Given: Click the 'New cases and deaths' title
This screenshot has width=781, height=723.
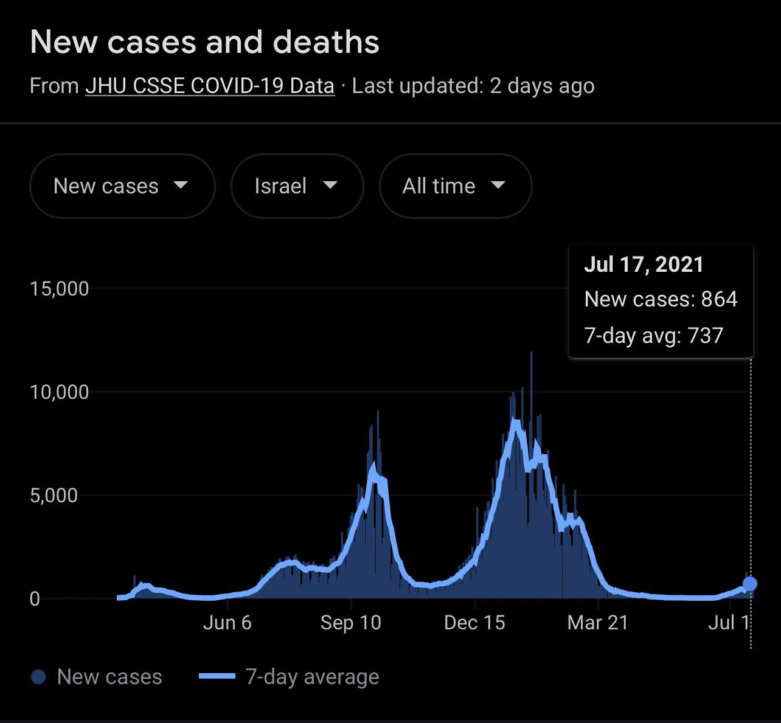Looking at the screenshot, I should pos(204,43).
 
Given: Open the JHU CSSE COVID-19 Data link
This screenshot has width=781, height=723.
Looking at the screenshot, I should pos(210,86).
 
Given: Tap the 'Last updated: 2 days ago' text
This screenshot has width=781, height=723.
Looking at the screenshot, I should pos(473,86).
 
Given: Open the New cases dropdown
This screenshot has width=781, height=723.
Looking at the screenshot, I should pos(122,186).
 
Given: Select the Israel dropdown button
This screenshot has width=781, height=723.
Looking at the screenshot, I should pos(297,186).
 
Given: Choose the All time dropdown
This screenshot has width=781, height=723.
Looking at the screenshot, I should pos(455,186).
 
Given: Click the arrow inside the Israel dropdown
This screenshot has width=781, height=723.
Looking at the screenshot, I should pos(330,185).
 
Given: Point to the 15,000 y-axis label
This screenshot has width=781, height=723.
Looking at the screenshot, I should pos(59,289).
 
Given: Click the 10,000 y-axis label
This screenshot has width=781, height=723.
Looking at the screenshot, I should pos(59,392).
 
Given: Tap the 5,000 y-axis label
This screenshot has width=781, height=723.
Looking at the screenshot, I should pos(54,496).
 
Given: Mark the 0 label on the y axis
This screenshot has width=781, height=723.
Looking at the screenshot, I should pos(35,599).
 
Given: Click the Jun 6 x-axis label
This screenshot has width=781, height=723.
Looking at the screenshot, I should pos(227,623).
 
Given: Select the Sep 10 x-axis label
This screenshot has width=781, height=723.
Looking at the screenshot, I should pos(350,623).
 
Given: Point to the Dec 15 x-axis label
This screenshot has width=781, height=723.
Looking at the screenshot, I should pos(474,623).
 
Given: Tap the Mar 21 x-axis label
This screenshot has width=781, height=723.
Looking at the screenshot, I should pos(597,623).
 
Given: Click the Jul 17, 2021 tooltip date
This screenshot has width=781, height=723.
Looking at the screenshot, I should pos(644,265).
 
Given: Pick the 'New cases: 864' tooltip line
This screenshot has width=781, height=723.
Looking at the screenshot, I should pos(661,299).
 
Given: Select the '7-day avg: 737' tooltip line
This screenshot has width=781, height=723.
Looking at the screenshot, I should pos(654,336).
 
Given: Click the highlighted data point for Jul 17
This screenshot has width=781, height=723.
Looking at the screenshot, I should pos(750,584).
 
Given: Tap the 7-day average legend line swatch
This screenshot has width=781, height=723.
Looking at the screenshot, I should pos(217,676).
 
